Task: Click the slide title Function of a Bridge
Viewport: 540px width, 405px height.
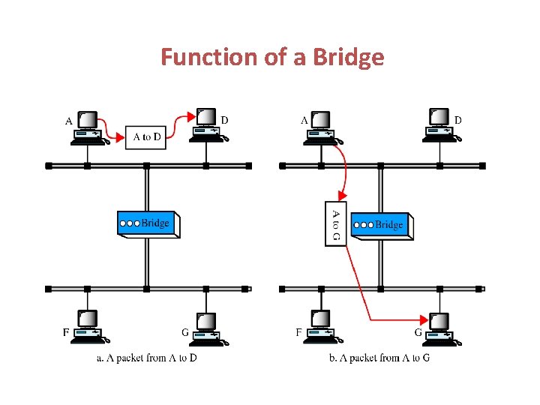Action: point(272,57)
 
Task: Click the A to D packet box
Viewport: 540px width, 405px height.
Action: point(146,136)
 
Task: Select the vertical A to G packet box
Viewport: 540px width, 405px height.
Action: point(335,223)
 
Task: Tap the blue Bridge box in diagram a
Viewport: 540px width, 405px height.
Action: point(148,223)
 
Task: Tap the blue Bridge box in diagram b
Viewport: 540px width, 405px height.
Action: point(382,224)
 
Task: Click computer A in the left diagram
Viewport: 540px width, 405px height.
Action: point(89,127)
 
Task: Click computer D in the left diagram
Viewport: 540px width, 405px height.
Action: point(207,124)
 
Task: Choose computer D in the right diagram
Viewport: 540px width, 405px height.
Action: point(441,124)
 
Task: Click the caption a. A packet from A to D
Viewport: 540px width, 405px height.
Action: point(147,358)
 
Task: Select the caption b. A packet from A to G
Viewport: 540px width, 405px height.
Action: point(379,358)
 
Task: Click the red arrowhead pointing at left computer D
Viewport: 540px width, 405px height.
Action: point(193,115)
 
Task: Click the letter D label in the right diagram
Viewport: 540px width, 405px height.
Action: point(458,119)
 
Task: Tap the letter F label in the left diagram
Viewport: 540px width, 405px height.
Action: point(67,331)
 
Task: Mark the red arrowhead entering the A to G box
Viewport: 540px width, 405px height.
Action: point(341,196)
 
